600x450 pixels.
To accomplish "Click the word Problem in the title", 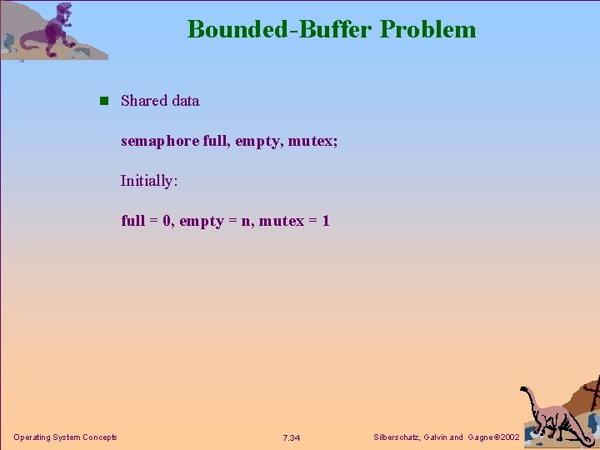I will (428, 29).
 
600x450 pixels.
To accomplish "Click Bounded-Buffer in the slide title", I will (281, 29).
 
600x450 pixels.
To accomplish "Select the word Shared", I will (143, 101).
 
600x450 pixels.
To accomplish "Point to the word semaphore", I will (160, 142).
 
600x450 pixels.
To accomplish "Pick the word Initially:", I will (149, 181).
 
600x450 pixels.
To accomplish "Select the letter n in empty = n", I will (246, 221).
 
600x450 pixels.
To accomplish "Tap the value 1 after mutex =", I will (326, 221).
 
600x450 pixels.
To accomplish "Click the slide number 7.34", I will (292, 438).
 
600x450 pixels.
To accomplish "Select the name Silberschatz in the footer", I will (398, 437).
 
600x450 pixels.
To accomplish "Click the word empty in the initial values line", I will (202, 222).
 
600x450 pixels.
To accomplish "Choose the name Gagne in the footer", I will (480, 437).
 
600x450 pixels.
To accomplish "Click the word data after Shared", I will (184, 101).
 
